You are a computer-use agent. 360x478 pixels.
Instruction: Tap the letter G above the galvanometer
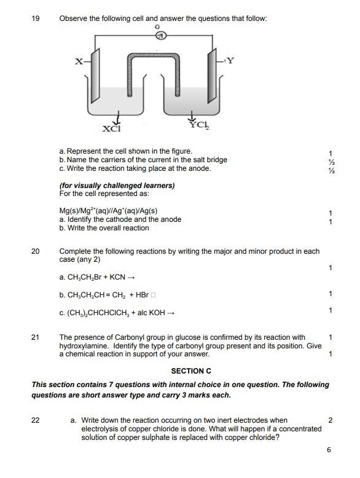[157, 27]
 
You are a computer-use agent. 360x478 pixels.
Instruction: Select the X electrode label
[79, 61]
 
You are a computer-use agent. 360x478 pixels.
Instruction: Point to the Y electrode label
[230, 60]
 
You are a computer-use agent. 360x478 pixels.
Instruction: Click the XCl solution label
[112, 128]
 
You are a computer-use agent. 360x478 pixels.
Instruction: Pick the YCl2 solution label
[200, 125]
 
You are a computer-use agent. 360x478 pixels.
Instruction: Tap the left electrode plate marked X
[95, 76]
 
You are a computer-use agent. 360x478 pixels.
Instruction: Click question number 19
[36, 18]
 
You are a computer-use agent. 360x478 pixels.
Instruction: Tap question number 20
[36, 251]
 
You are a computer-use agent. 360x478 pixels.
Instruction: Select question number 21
[36, 337]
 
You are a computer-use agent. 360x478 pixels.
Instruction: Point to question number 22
[36, 420]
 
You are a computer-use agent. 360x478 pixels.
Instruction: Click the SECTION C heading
[191, 371]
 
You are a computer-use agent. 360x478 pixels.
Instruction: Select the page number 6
[329, 450]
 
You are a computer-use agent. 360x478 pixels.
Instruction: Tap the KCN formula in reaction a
[117, 277]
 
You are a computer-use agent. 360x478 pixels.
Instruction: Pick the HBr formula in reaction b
[142, 295]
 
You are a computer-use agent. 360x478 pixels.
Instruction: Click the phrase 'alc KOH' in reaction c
[151, 313]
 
